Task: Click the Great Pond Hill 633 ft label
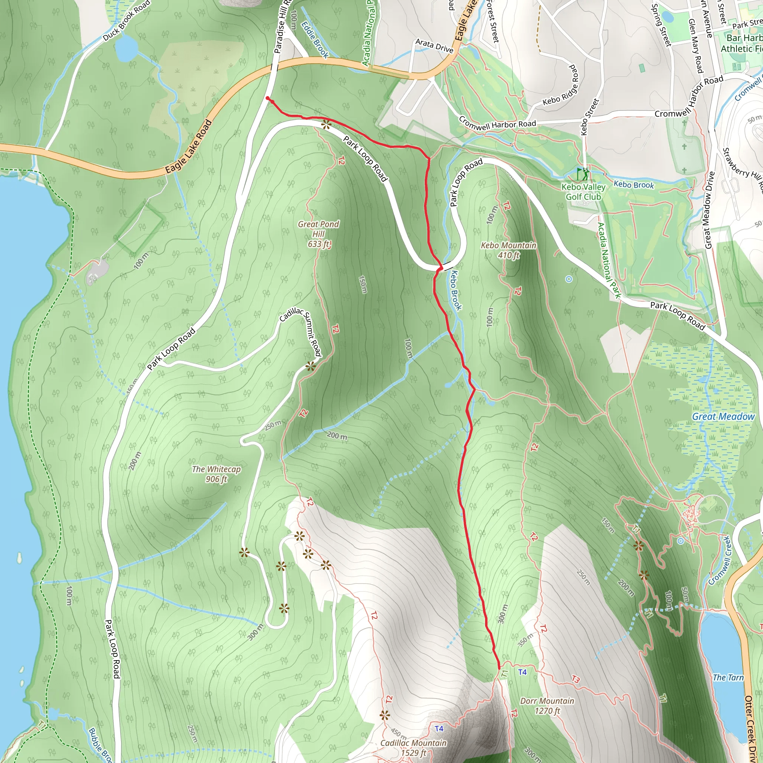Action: click(x=318, y=234)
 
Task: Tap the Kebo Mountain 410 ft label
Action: click(x=508, y=250)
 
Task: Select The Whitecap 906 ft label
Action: click(x=216, y=474)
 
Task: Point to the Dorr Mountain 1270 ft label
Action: click(x=547, y=706)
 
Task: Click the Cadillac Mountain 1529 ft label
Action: click(x=413, y=748)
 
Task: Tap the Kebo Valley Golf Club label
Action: click(x=583, y=192)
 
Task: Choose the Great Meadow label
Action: click(x=723, y=417)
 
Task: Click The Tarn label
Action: click(x=728, y=678)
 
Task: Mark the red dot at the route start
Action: click(x=268, y=98)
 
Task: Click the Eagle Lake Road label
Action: click(x=189, y=147)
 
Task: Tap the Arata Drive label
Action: click(x=434, y=46)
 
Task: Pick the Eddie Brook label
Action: click(x=315, y=39)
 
